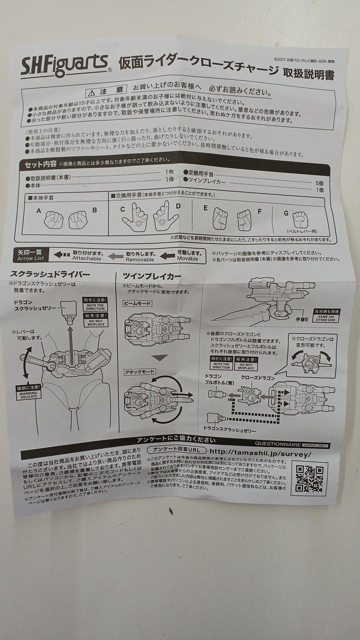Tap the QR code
pos(308,478)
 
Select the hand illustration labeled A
pos(54,219)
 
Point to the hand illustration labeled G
pos(300,219)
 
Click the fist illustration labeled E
pos(220,218)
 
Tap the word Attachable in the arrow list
pos(86,258)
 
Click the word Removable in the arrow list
pos(140,260)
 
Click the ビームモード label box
pos(137,303)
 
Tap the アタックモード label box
pos(139,371)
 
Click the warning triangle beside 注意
pos(104,92)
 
